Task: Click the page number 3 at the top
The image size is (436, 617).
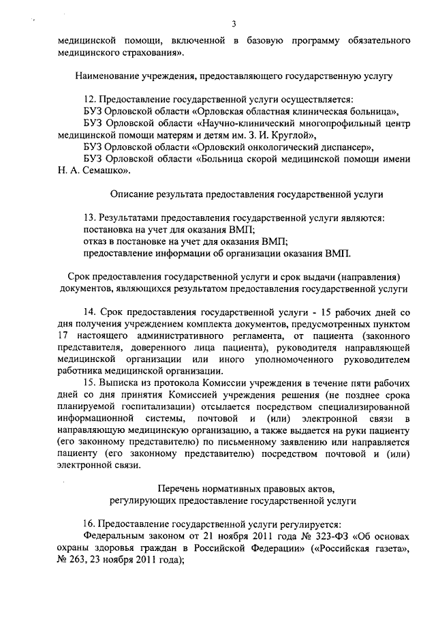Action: click(233, 25)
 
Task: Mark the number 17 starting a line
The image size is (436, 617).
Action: click(63, 336)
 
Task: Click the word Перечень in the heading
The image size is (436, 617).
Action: click(178, 489)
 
